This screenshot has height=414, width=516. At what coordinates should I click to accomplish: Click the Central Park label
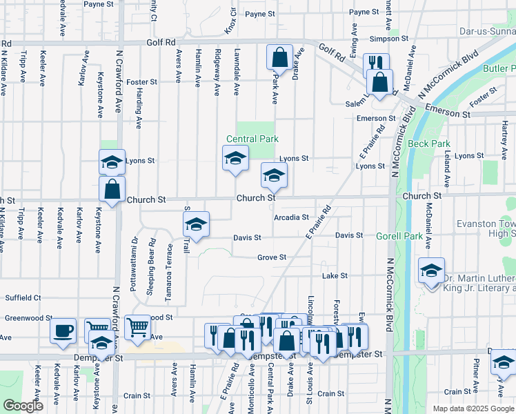(253, 139)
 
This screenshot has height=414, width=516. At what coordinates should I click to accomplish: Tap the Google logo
(23, 406)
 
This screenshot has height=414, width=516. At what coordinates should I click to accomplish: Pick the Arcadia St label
(290, 217)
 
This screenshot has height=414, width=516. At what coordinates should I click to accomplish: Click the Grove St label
(272, 257)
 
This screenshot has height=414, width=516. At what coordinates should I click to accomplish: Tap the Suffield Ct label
(23, 298)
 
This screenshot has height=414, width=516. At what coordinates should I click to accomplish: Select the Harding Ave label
(139, 110)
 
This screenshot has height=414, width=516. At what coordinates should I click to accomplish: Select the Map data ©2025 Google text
(473, 408)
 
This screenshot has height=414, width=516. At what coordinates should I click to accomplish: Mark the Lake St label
(335, 275)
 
